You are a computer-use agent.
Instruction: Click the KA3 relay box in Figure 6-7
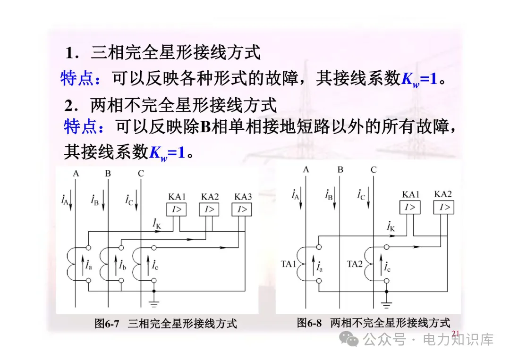click(x=242, y=209)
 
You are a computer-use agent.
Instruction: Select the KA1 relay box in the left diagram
click(x=176, y=209)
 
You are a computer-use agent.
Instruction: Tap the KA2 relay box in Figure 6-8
click(x=443, y=207)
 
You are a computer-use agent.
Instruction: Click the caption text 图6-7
click(x=107, y=324)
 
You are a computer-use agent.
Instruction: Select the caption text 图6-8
click(x=309, y=323)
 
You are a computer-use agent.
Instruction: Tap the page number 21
click(x=456, y=334)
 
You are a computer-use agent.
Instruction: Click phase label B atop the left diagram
click(x=108, y=173)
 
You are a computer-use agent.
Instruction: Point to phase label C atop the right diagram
click(x=374, y=170)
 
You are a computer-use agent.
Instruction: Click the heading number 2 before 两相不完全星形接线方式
click(x=69, y=105)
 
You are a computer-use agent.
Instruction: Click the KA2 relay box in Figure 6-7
click(x=209, y=209)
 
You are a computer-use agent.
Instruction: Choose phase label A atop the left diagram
click(x=76, y=173)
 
